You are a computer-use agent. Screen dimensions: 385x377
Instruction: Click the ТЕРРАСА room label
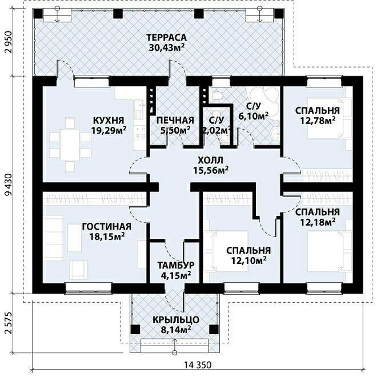pyautogui.click(x=166, y=38)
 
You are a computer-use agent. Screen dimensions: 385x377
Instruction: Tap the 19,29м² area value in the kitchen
pyautogui.click(x=109, y=130)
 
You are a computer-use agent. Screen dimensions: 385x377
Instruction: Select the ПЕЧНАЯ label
pyautogui.click(x=175, y=121)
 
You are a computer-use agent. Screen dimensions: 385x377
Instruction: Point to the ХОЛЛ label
pyautogui.click(x=210, y=161)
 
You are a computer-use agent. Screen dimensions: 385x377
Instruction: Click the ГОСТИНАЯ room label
pyautogui.click(x=107, y=226)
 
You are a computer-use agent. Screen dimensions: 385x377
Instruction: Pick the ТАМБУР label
pyautogui.click(x=176, y=265)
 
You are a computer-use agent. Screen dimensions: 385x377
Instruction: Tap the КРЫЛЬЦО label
pyautogui.click(x=176, y=320)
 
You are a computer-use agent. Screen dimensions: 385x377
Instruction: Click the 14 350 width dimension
pyautogui.click(x=198, y=365)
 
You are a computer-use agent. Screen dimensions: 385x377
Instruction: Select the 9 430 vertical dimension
pyautogui.click(x=9, y=185)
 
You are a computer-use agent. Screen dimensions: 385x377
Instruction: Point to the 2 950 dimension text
pyautogui.click(x=9, y=42)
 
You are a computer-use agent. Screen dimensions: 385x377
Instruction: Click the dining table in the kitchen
pyautogui.click(x=70, y=145)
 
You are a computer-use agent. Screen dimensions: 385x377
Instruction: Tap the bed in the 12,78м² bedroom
pyautogui.click(x=324, y=119)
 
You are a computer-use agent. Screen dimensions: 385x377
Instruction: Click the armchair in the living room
pyautogui.click(x=78, y=270)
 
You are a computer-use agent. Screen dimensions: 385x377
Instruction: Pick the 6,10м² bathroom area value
pyautogui.click(x=254, y=115)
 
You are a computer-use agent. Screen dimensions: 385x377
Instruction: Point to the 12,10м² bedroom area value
pyautogui.click(x=249, y=260)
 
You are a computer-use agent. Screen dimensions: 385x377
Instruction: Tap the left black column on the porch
pyautogui.click(x=135, y=328)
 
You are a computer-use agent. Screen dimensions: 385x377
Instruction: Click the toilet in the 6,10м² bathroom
pyautogui.click(x=217, y=96)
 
